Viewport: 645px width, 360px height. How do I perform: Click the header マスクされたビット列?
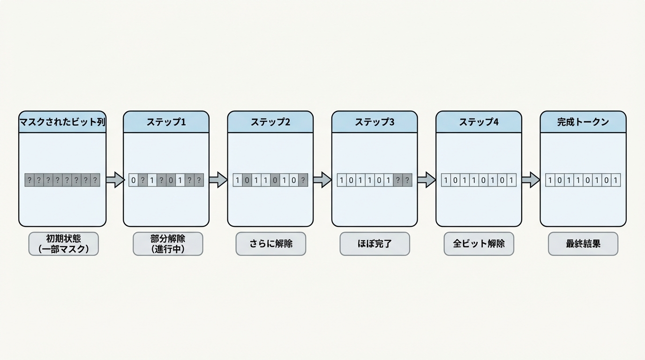click(62, 122)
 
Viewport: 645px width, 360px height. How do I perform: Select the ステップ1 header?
click(166, 122)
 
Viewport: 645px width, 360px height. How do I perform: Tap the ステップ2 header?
click(270, 122)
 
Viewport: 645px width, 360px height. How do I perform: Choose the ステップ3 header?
click(375, 122)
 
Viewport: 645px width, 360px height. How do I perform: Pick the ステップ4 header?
click(479, 122)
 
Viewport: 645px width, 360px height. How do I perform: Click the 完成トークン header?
click(583, 122)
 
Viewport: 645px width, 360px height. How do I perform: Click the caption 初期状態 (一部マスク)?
click(64, 244)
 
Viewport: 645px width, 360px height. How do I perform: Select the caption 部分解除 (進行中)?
click(168, 244)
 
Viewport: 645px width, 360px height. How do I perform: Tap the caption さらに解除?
click(271, 244)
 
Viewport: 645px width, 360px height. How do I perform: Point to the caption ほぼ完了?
click(375, 244)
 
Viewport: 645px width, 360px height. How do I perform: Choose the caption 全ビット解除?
click(479, 244)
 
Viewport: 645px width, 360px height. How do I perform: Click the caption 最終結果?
click(583, 244)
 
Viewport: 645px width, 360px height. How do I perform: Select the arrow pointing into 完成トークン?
click(531, 180)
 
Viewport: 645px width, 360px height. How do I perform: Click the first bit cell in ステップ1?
click(134, 180)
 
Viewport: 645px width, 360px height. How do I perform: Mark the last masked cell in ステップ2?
click(303, 180)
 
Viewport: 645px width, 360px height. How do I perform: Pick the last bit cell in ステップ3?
click(407, 180)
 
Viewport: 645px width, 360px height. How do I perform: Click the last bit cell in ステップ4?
click(511, 180)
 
